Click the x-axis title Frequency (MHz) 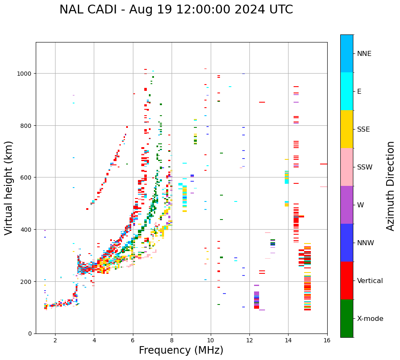click(x=181, y=350)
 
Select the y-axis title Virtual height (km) click(x=9, y=188)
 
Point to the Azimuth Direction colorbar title click(x=391, y=186)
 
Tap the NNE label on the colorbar click(x=364, y=53)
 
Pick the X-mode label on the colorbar click(x=370, y=319)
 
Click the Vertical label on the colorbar click(x=370, y=281)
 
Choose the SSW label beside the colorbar click(x=365, y=167)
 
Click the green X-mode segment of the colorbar click(x=347, y=318)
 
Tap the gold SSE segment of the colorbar click(x=347, y=129)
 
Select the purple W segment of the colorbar click(x=347, y=205)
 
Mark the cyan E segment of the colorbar click(x=347, y=91)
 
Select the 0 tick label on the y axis click(x=30, y=334)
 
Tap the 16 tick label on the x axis click(x=327, y=341)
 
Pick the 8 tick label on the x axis click(x=172, y=341)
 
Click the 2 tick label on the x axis click(x=55, y=341)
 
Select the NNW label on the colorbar click(x=366, y=243)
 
